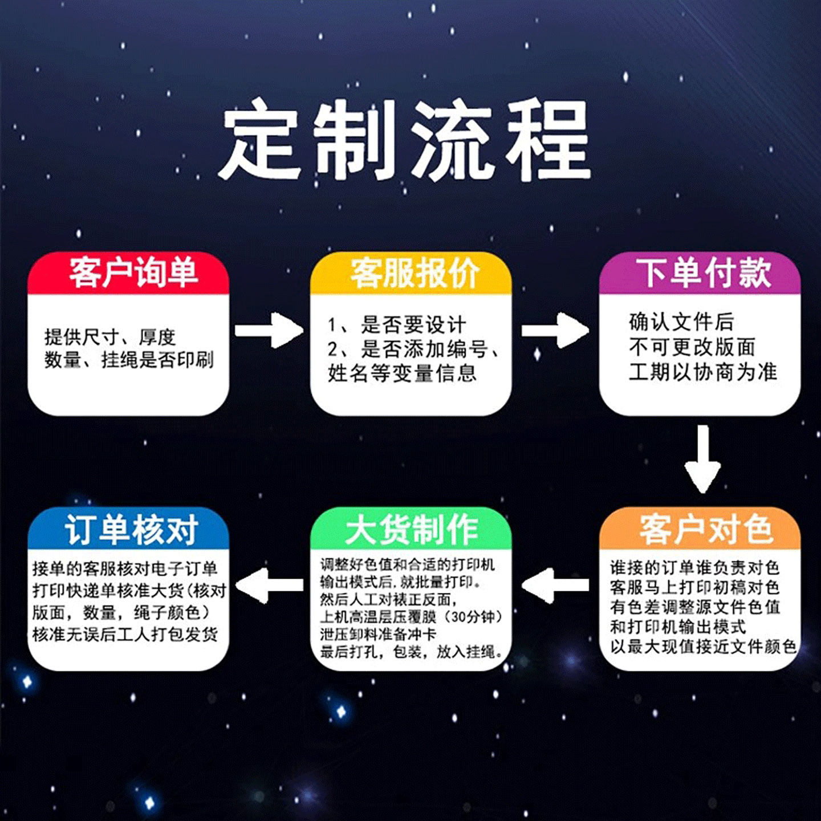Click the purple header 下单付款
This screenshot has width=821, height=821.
pyautogui.click(x=704, y=273)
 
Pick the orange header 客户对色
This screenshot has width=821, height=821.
pyautogui.click(x=705, y=529)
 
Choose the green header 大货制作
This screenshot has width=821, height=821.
pyautogui.click(x=412, y=529)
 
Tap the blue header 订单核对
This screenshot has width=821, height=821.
pyautogui.click(x=131, y=529)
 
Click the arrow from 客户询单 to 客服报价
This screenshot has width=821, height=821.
pyautogui.click(x=268, y=330)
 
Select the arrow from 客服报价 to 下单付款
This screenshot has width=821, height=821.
pyautogui.click(x=555, y=330)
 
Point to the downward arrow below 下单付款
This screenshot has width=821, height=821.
pyautogui.click(x=702, y=459)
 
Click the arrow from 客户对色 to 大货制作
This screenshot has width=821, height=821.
pyautogui.click(x=555, y=585)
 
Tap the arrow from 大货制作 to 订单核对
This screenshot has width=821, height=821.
pyautogui.click(x=269, y=585)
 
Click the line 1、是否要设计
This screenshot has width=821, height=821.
pyautogui.click(x=397, y=324)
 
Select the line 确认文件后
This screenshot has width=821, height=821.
pyautogui.click(x=681, y=322)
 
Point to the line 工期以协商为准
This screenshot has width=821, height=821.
pyautogui.click(x=703, y=372)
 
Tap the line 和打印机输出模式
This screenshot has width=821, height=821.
pyautogui.click(x=677, y=627)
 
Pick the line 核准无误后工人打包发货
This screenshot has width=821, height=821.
pyautogui.click(x=125, y=634)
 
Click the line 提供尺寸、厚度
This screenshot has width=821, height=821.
pyautogui.click(x=110, y=336)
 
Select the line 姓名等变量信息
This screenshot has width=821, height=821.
pyautogui.click(x=402, y=373)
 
